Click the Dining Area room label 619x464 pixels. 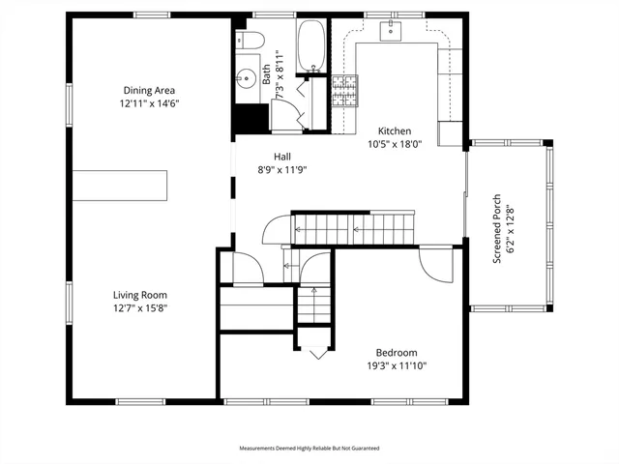pyautogui.click(x=151, y=90)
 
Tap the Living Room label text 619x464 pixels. pyautogui.click(x=141, y=295)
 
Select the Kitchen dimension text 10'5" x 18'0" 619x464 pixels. pyautogui.click(x=396, y=145)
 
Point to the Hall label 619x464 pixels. pyautogui.click(x=282, y=156)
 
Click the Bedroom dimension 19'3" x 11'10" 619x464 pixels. pyautogui.click(x=397, y=365)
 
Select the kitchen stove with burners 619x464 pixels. pyautogui.click(x=345, y=91)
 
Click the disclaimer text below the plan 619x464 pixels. pyautogui.click(x=309, y=449)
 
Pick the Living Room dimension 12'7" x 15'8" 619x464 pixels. pyautogui.click(x=141, y=308)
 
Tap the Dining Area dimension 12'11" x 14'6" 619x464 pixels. pyautogui.click(x=151, y=102)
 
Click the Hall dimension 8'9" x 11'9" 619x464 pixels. pyautogui.click(x=282, y=169)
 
